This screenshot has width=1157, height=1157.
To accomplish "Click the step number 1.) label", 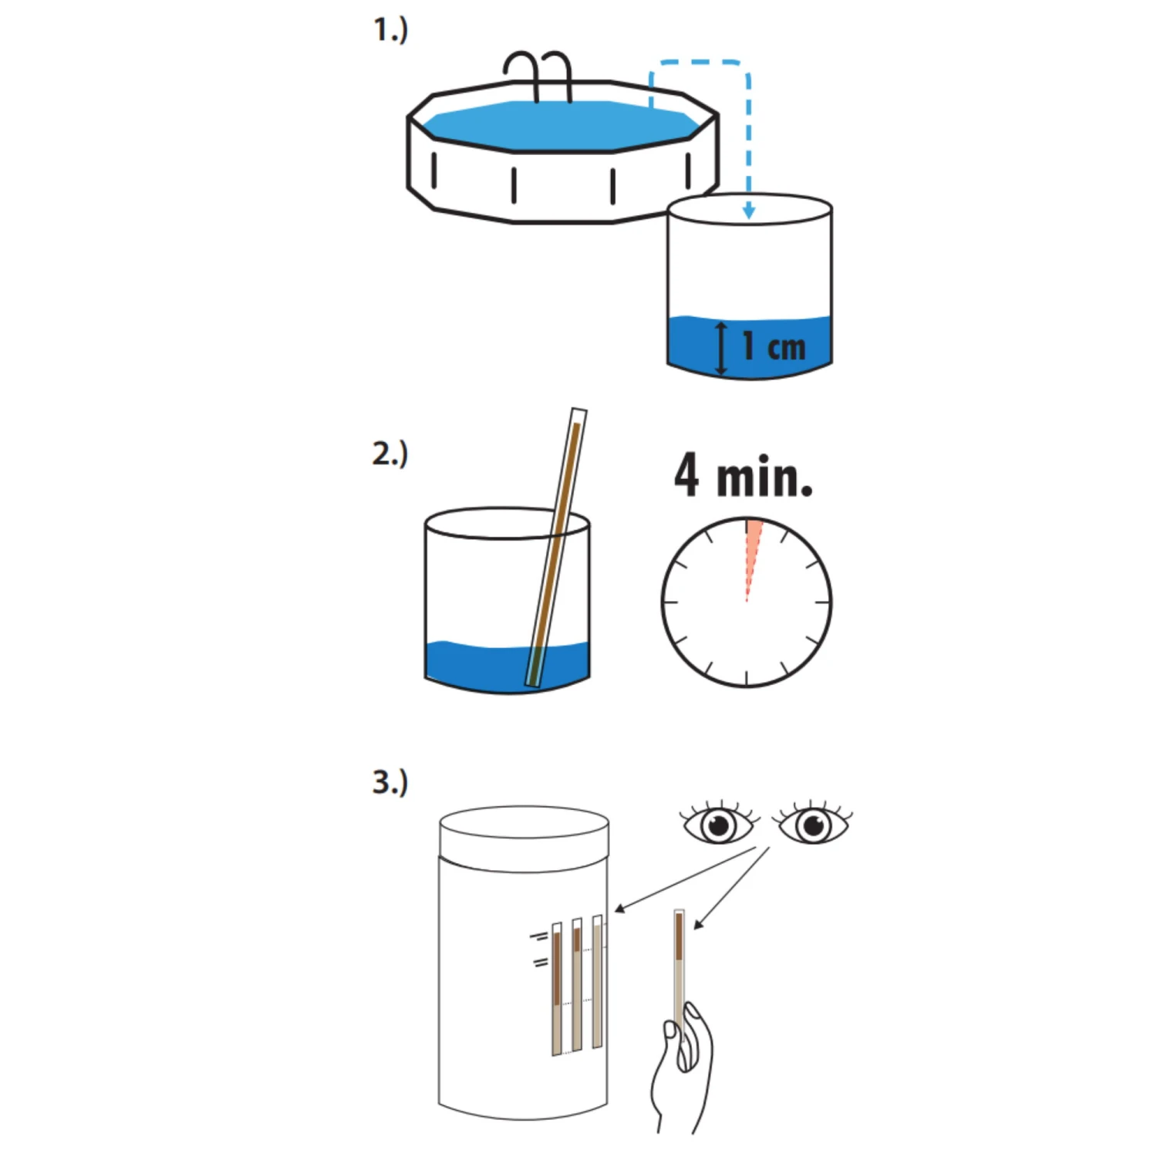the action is point(391,30).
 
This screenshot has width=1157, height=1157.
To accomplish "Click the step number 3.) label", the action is point(390,781).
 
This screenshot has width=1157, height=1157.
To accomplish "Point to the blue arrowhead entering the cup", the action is point(748,210).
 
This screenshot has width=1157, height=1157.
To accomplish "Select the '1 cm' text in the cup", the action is point(774,346).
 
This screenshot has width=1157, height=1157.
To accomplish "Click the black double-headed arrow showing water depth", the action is point(721,349).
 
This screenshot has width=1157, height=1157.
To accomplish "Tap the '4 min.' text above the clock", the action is point(744,475).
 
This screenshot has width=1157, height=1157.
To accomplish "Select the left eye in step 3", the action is point(718,824).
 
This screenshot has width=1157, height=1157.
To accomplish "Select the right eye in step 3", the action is point(813,824).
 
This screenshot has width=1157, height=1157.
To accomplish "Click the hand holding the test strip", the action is point(682,1068).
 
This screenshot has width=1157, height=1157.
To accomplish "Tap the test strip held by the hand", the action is point(680,972).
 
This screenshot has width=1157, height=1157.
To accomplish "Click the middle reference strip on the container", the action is point(577,984).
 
